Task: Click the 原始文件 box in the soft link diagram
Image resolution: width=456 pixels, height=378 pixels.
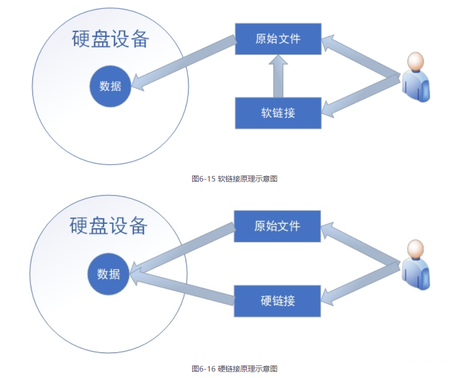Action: (278, 38)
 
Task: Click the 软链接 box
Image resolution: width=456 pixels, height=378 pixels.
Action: (278, 113)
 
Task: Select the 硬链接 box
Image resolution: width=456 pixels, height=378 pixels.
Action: (277, 301)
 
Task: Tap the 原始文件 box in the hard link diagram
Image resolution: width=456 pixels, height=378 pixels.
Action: (277, 226)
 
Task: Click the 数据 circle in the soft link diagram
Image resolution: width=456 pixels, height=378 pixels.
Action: (110, 86)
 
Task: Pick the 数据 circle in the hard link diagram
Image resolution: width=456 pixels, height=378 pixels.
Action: (108, 274)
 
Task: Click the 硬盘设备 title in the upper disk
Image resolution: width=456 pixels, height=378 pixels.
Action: (110, 39)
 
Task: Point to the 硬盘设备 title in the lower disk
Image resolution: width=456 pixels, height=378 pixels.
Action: (109, 226)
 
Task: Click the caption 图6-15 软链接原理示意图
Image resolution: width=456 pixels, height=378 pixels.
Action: (234, 179)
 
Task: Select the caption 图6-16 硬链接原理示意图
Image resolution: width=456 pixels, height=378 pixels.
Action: (234, 369)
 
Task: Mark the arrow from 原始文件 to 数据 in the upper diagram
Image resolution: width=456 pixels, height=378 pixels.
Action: (184, 63)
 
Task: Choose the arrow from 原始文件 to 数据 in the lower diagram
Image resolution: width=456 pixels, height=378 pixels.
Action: (182, 250)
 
